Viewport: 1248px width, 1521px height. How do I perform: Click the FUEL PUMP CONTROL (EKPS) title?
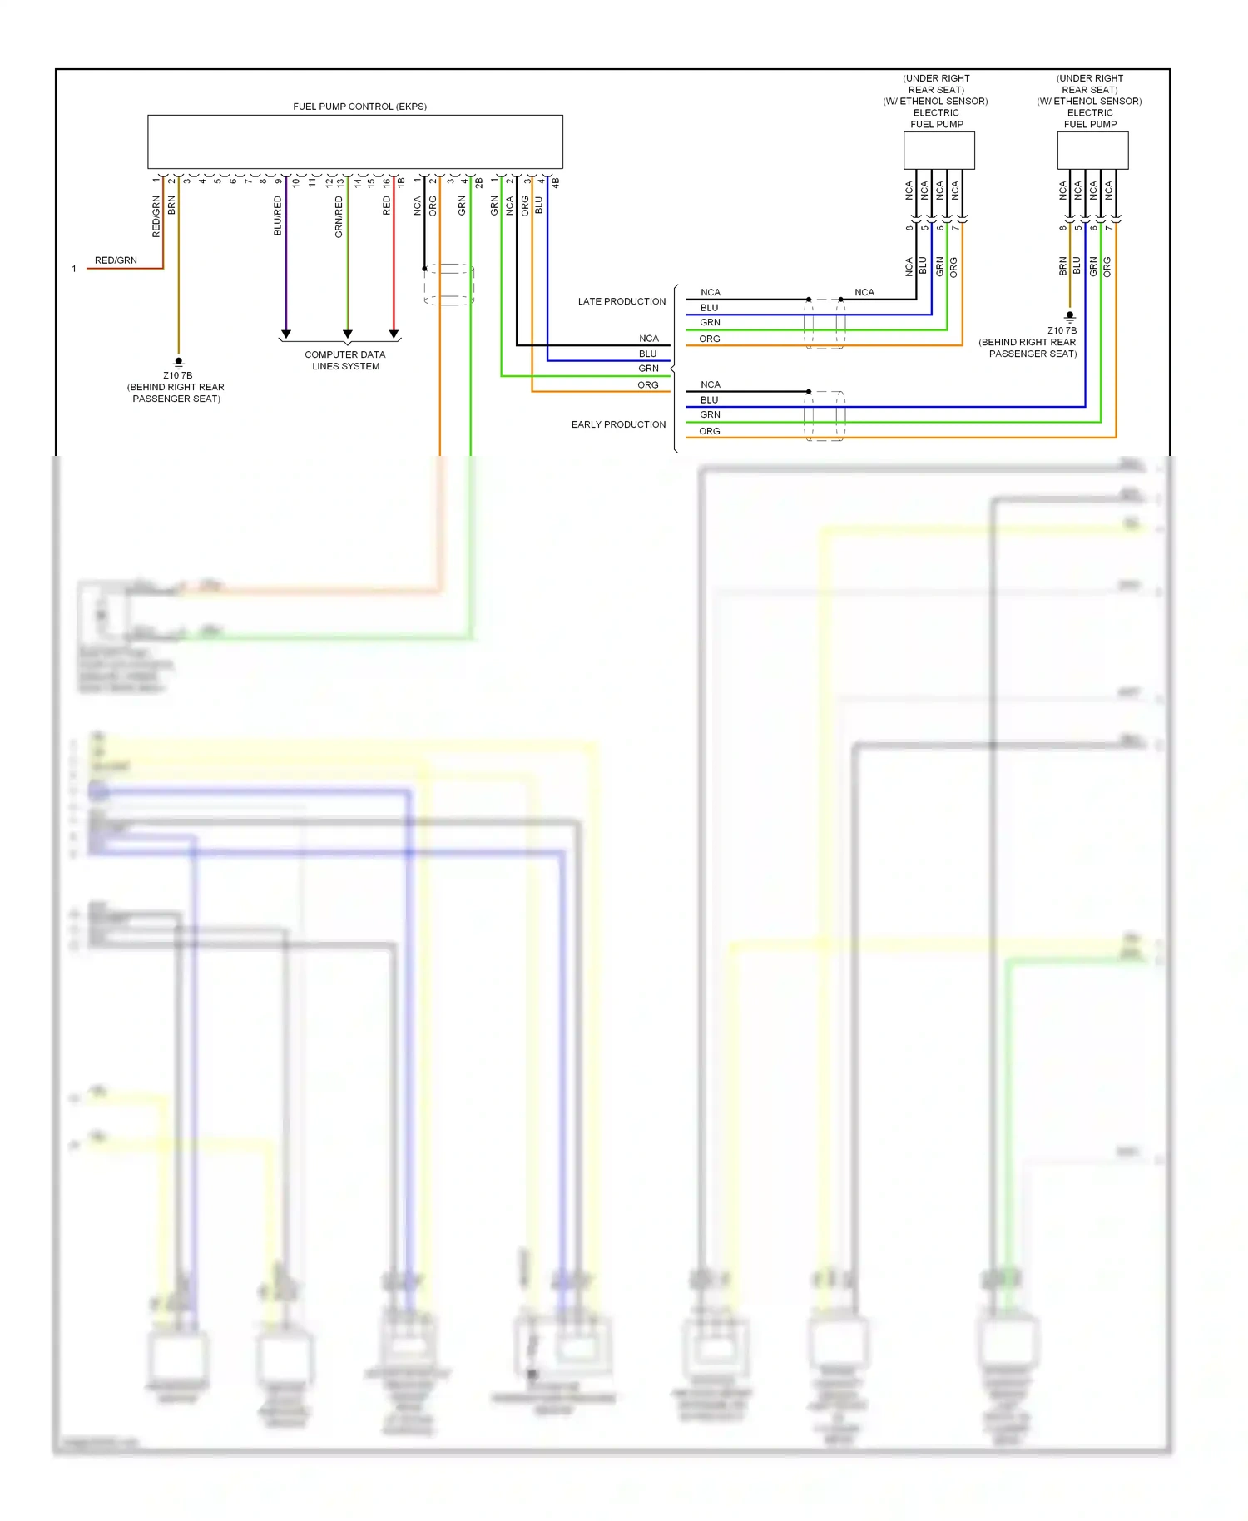coord(359,107)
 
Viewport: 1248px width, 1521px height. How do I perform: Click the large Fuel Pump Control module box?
coord(355,142)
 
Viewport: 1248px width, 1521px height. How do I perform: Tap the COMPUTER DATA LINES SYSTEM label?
coord(345,360)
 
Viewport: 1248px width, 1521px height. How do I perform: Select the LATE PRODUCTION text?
coord(622,301)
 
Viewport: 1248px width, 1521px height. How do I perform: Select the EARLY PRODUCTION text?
coord(618,424)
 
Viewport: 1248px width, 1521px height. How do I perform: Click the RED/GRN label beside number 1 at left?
coord(116,260)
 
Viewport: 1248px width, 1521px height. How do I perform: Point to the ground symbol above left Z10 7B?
coord(178,362)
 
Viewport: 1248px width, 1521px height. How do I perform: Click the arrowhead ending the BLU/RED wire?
coord(286,334)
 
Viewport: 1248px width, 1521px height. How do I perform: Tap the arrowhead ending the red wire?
coord(394,334)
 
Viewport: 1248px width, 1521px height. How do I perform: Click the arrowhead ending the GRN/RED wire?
coord(348,334)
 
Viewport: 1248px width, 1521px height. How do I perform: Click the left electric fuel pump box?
coord(938,151)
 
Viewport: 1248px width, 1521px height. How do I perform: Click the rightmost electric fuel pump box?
coord(1092,151)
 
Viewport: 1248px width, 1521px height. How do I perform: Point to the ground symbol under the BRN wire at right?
coord(1070,316)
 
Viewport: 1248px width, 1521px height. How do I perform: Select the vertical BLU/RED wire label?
coord(278,216)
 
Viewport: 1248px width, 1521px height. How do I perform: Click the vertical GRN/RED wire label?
coord(339,217)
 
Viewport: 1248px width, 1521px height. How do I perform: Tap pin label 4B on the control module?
coord(555,181)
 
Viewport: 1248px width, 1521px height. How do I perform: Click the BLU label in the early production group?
coord(709,400)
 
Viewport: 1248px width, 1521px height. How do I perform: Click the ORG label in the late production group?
coord(709,339)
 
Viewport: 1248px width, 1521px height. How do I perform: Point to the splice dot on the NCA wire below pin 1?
coord(424,269)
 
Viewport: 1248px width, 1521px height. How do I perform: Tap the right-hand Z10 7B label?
coord(1062,330)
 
